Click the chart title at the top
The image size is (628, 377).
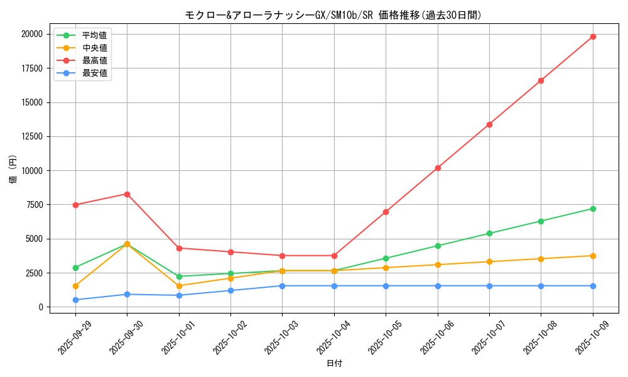(333, 15)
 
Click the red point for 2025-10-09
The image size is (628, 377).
(593, 36)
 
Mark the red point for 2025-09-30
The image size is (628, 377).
(127, 194)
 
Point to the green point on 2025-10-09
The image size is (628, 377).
(593, 209)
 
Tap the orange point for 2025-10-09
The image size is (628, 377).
(593, 256)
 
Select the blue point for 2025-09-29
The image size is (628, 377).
(75, 300)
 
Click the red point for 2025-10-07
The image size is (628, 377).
(489, 124)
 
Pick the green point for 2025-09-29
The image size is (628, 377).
(75, 268)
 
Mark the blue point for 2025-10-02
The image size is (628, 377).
(230, 290)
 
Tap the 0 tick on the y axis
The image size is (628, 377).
(40, 307)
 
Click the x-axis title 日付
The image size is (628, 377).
(334, 363)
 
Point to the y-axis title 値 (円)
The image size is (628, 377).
(13, 170)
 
